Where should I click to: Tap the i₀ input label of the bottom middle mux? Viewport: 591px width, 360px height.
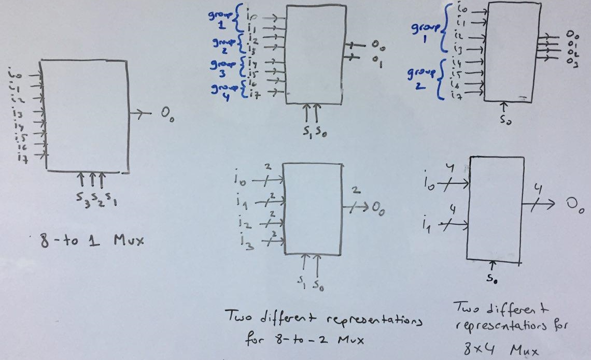(x=239, y=181)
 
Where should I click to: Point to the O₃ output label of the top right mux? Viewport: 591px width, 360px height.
(x=572, y=63)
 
